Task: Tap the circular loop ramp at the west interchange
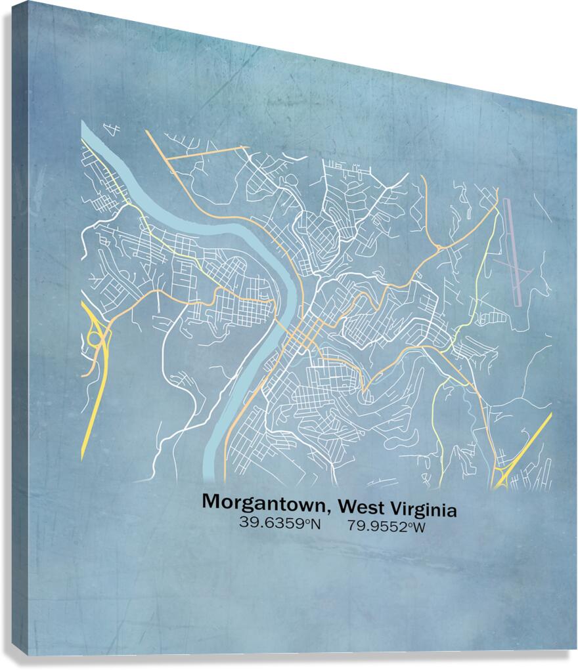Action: coord(95,339)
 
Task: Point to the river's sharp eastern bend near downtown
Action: coord(288,276)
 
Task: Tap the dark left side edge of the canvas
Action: coord(20,328)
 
